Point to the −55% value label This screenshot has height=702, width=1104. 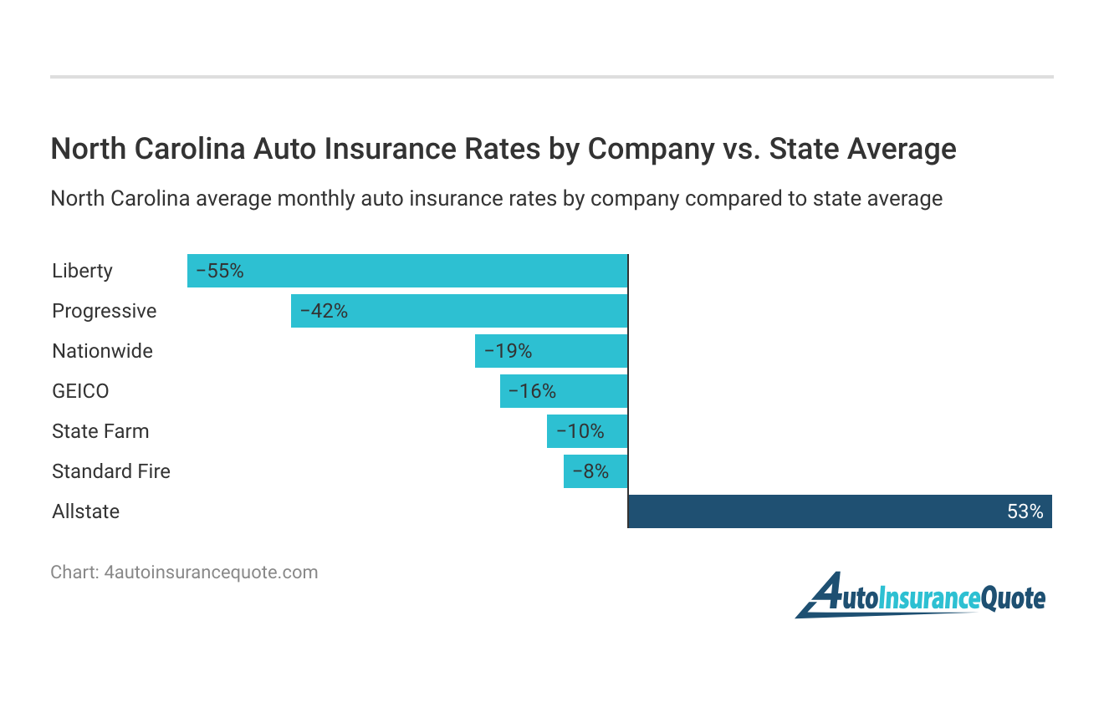click(220, 271)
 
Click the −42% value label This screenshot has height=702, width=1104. click(324, 311)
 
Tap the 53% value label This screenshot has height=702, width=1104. click(1025, 511)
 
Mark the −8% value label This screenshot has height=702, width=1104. click(590, 471)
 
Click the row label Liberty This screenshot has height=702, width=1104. click(82, 271)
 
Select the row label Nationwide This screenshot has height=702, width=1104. click(102, 351)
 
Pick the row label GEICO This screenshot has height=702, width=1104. click(80, 391)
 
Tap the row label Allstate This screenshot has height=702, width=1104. click(85, 511)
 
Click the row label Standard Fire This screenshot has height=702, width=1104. click(111, 471)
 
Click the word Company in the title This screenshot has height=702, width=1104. click(650, 149)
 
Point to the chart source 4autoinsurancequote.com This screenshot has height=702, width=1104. click(210, 572)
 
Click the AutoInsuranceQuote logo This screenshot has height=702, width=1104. click(920, 595)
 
